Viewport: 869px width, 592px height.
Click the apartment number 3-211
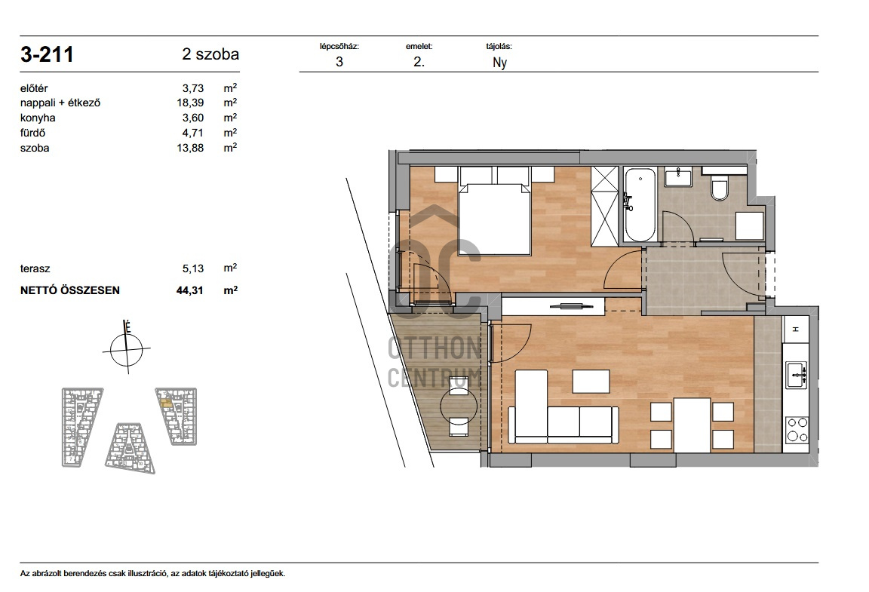(47, 54)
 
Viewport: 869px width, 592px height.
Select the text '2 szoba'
(210, 54)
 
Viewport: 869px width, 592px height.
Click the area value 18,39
(190, 103)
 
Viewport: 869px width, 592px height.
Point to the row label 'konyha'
(38, 118)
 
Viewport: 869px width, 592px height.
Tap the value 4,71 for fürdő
(193, 133)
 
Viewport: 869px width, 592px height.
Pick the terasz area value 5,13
(193, 268)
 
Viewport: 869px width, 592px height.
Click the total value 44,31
(190, 290)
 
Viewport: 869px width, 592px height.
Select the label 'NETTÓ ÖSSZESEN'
(70, 290)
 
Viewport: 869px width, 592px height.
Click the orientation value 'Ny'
(500, 63)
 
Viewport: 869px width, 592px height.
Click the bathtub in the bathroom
(640, 205)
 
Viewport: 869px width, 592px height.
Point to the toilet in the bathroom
(720, 189)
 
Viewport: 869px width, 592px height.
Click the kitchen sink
(797, 375)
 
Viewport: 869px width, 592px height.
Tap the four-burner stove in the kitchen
(797, 430)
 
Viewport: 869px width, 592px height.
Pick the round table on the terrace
(459, 406)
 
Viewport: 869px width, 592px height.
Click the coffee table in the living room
(591, 382)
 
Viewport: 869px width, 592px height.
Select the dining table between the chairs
(692, 425)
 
